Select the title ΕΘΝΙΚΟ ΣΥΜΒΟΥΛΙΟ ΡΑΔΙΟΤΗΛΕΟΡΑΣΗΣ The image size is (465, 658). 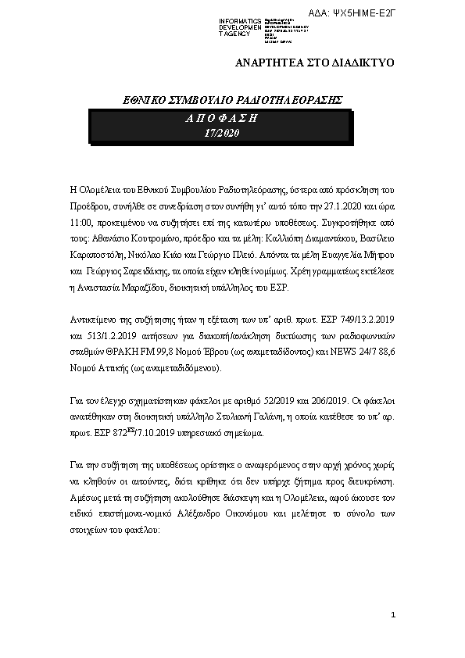(x=223, y=101)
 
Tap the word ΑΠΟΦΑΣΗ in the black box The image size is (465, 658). (x=222, y=118)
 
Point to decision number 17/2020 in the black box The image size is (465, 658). (x=222, y=133)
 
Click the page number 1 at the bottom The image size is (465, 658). (x=394, y=617)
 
